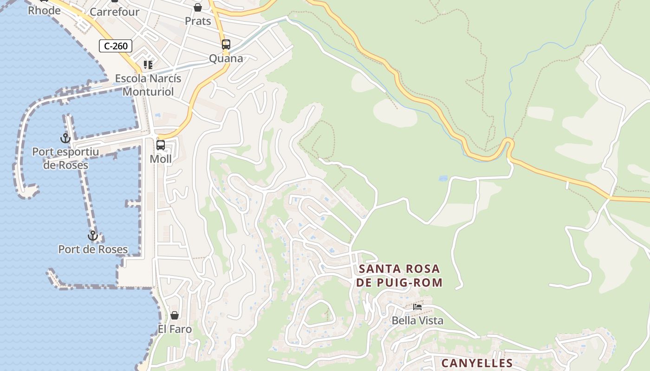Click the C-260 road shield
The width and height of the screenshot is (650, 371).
click(x=116, y=46)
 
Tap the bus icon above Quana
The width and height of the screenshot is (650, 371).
click(x=226, y=45)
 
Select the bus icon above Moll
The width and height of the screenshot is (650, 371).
click(x=161, y=145)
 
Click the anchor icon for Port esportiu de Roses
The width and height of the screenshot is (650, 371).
click(x=65, y=138)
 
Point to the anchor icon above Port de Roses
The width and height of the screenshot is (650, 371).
click(x=93, y=236)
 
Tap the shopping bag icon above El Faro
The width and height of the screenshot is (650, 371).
click(x=175, y=315)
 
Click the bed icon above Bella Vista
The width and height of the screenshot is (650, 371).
click(x=417, y=307)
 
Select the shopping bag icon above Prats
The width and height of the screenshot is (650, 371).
click(x=198, y=7)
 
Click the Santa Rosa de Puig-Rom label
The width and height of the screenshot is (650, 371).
click(x=400, y=275)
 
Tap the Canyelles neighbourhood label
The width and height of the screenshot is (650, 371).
click(x=477, y=363)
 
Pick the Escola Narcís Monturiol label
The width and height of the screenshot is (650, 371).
click(x=148, y=85)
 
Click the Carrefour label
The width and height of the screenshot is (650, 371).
click(x=115, y=12)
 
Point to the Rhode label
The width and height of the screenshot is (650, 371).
click(x=44, y=10)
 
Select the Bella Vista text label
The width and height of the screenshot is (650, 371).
click(x=417, y=320)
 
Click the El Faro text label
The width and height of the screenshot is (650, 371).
click(x=175, y=329)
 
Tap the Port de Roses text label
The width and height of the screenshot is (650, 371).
click(x=93, y=249)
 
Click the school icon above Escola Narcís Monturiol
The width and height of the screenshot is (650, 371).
click(x=148, y=65)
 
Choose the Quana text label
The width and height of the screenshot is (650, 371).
click(x=226, y=58)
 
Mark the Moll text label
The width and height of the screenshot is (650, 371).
click(x=161, y=159)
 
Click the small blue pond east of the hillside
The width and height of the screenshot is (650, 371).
click(x=443, y=178)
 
